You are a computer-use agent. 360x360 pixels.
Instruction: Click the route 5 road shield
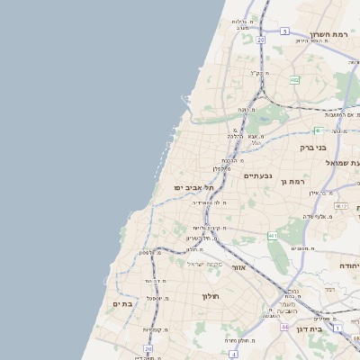284,31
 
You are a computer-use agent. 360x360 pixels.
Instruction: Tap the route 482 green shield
294,80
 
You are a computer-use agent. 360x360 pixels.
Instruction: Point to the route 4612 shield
340,206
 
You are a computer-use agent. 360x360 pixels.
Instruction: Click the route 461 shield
272,236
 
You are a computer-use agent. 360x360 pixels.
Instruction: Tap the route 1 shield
337,328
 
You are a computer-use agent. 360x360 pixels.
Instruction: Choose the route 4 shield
233,355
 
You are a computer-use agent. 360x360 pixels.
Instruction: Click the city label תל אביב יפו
193,186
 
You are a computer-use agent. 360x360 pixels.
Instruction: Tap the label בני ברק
317,145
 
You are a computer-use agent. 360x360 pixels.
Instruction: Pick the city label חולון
211,296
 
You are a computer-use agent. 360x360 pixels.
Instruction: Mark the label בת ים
122,304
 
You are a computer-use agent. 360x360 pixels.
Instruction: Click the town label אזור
238,267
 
